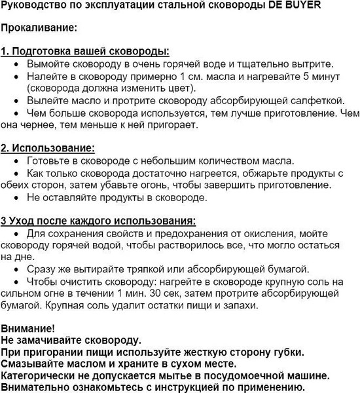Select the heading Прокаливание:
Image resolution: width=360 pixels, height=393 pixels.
tap(39, 29)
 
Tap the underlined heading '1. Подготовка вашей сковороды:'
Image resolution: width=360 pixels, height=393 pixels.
tap(85, 51)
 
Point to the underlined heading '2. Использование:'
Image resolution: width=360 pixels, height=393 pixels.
tap(48, 147)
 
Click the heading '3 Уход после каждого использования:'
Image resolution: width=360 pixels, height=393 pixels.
tap(99, 220)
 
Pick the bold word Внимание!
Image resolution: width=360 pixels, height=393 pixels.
tap(28, 327)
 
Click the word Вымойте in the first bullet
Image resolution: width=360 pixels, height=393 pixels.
tap(48, 64)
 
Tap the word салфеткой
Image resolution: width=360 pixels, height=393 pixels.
tap(317, 100)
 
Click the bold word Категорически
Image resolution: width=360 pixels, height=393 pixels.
tap(40, 376)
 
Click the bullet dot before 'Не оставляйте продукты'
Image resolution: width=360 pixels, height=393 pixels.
tap(17, 197)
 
